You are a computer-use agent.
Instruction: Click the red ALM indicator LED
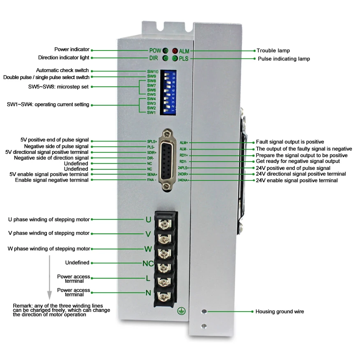tap(174, 51)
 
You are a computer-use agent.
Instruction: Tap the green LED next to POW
tap(165, 51)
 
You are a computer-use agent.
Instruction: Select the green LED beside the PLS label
tap(174, 58)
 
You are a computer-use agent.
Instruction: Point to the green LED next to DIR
tap(165, 58)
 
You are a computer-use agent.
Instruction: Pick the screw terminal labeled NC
tap(165, 267)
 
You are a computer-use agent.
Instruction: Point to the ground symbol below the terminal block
tap(180, 312)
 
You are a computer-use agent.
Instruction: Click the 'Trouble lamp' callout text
tap(273, 51)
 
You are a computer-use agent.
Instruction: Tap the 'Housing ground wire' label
tap(280, 312)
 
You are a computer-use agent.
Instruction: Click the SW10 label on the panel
tap(152, 72)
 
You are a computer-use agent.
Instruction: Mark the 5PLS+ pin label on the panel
tap(152, 141)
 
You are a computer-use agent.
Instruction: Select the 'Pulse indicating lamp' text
tap(284, 59)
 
